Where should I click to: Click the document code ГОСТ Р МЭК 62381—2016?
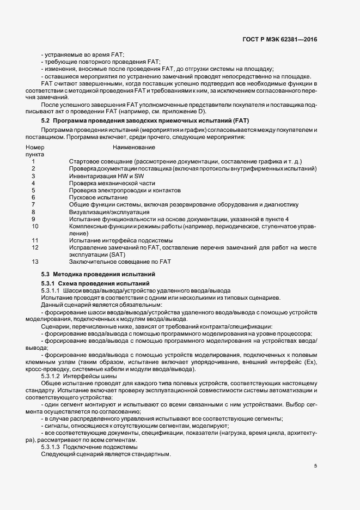click(279, 39)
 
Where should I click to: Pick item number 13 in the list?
click(35, 261)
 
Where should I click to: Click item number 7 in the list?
click(34, 204)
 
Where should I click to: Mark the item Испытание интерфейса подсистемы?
click(120, 240)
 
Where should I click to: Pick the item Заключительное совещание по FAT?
click(120, 261)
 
